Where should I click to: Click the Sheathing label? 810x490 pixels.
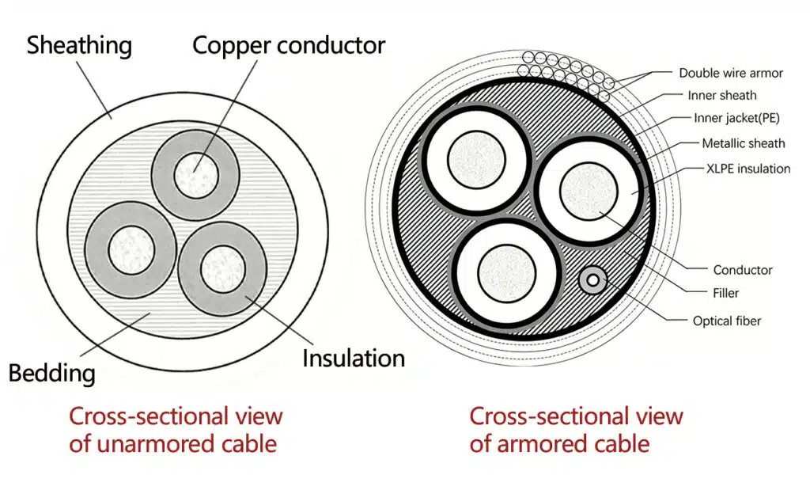coord(80,45)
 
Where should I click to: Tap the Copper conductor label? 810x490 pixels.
coord(289,45)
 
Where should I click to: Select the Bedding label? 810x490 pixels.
coord(52,373)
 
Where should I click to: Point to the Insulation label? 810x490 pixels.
coord(354,358)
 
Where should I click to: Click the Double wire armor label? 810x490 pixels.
coord(730,73)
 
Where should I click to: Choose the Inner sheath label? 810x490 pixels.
coord(721,96)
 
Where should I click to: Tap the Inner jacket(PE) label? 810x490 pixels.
coord(736,119)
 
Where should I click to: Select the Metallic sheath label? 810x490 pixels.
coord(743,143)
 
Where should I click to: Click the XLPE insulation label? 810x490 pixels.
coord(748,169)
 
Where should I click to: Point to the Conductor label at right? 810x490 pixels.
coord(742,270)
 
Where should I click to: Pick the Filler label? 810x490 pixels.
coord(725,293)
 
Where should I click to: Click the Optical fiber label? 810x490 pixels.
coord(727,321)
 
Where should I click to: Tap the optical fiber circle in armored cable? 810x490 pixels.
coord(593,280)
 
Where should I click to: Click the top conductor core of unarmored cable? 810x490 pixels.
coord(196,175)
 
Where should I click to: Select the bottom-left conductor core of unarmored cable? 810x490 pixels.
coord(131,249)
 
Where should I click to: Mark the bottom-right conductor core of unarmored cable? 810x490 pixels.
coord(222,269)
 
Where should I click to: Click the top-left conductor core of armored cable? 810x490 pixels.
coord(476,159)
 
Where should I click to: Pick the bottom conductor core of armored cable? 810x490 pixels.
coord(507,272)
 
